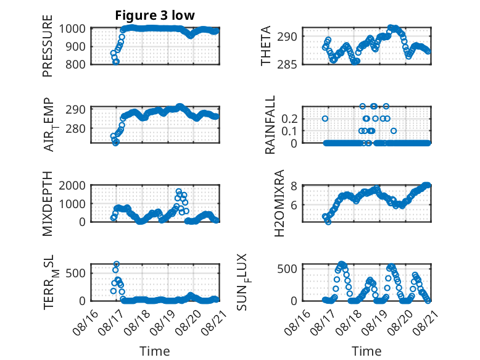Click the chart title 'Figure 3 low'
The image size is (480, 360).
coord(155,15)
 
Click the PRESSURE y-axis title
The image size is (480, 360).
coord(48,46)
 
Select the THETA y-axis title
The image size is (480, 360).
coord(266,46)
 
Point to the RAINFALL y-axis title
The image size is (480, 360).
coord(270,125)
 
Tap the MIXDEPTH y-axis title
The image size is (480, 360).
coord(48,203)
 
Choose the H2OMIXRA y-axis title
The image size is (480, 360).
coord(279,203)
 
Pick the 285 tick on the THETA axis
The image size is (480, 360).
coord(287,65)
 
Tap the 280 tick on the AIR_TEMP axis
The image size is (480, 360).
coord(75,128)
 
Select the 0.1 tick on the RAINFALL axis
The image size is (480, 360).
coord(289,131)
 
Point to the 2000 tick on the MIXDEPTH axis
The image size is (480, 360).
coord(72,185)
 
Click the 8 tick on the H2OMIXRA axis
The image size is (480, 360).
coord(294,186)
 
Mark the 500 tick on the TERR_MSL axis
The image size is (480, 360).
coord(75,273)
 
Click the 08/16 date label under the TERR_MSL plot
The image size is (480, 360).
coord(85,323)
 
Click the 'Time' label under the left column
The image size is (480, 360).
coord(155,351)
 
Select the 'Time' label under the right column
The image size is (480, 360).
coord(366,351)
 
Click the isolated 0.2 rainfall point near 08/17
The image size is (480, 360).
coord(325,119)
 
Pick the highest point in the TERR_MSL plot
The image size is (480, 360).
coord(117,264)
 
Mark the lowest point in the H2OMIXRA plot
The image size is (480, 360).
coord(328,222)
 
